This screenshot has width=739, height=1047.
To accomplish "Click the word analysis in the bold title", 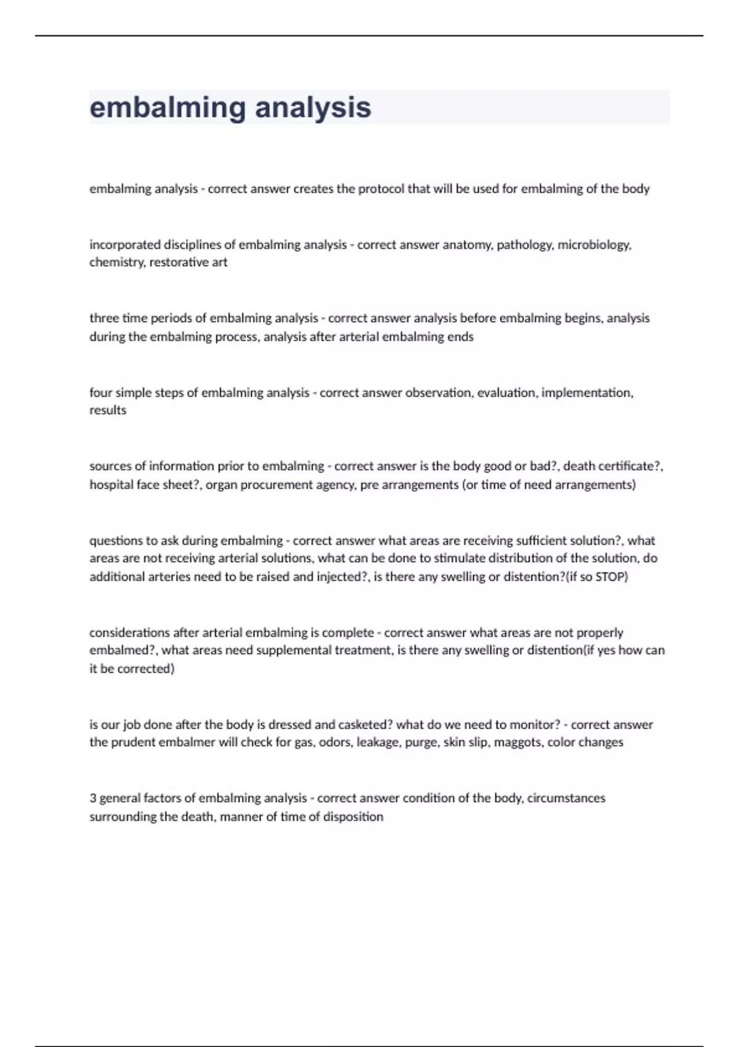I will click(x=313, y=108).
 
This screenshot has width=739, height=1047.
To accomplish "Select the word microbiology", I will click(x=594, y=245).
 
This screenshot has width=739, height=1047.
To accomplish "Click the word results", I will click(x=108, y=410).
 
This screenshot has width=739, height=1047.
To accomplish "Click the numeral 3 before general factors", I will click(x=93, y=798).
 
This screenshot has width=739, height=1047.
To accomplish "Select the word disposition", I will click(x=358, y=817).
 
